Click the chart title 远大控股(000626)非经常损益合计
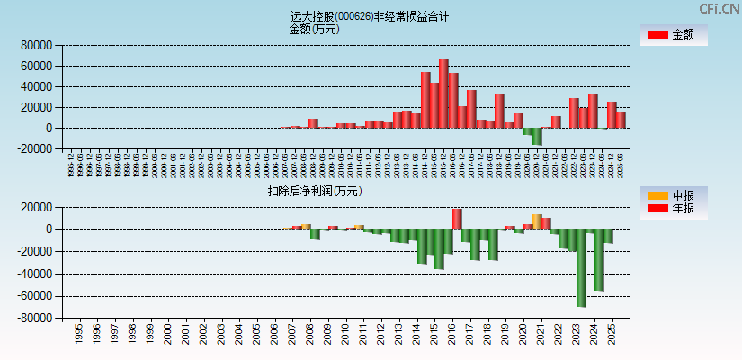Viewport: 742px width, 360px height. click(370, 16)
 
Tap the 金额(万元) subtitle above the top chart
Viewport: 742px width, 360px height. click(314, 29)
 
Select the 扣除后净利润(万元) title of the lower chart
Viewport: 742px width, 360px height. click(314, 191)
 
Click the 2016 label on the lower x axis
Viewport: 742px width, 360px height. click(450, 334)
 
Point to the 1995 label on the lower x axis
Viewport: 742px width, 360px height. click(78, 334)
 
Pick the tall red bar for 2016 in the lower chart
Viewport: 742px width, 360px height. click(457, 219)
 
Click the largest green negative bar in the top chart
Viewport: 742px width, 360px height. click(537, 136)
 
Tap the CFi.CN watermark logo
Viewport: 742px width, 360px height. click(720, 9)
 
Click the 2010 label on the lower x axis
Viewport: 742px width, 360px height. click(344, 334)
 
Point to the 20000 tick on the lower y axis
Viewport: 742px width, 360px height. click(37, 207)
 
